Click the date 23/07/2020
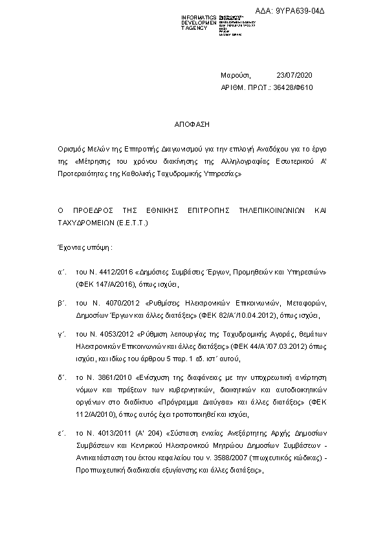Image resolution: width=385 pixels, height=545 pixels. (294, 75)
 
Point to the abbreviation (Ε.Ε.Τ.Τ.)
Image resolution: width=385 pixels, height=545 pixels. (133, 222)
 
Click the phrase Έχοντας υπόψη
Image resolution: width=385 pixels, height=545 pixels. (83, 247)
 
